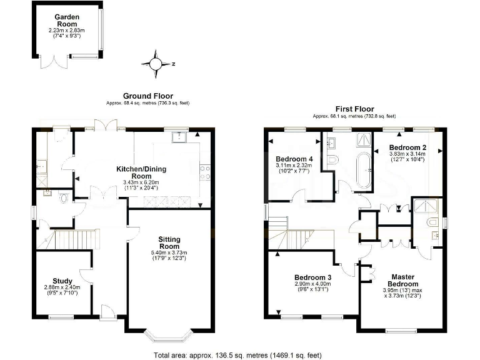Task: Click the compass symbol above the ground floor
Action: click(x=156, y=63)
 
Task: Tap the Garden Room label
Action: click(x=66, y=19)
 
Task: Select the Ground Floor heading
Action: click(x=147, y=96)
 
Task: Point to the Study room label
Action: click(x=62, y=281)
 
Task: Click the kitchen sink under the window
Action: click(x=179, y=136)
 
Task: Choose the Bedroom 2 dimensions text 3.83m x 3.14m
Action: click(x=406, y=154)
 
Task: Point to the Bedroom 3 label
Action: click(x=312, y=277)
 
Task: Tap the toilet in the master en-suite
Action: click(x=432, y=222)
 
